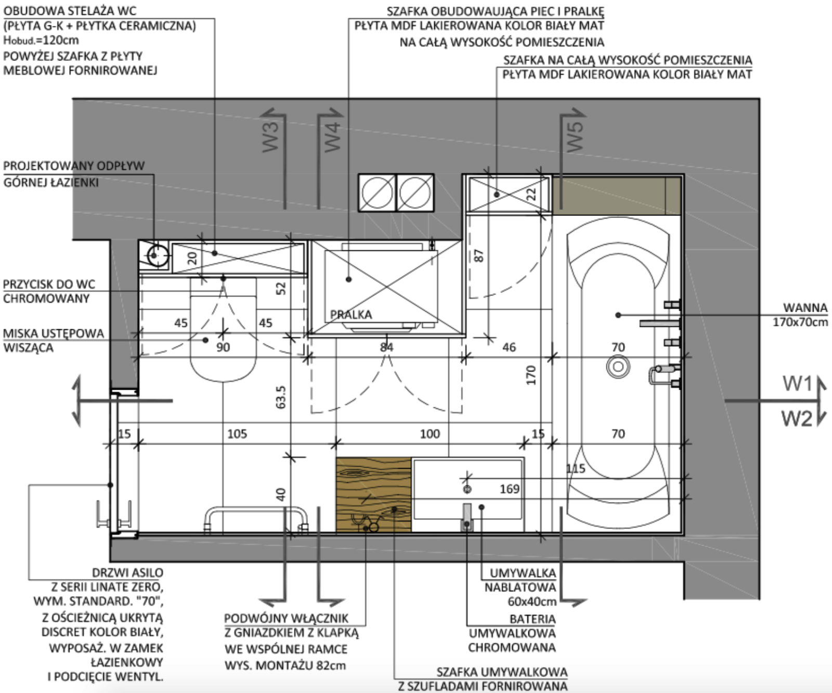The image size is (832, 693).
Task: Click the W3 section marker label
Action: pos(270,136)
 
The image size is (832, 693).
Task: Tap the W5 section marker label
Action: pos(575,136)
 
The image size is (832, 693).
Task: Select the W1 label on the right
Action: pos(797,384)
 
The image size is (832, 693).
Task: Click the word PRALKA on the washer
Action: pos(351,315)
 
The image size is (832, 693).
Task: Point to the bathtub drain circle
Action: pos(618,367)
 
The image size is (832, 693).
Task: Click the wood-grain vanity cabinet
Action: pos(374,495)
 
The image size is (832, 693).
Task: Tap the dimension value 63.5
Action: pos(281,397)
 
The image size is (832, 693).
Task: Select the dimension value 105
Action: pos(237,434)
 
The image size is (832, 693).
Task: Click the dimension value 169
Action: pos(510,489)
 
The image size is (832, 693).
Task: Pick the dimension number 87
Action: pos(479,255)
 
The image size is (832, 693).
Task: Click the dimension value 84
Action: pos(386,347)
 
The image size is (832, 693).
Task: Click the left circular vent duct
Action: pos(377,192)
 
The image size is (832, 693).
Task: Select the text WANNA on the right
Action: pos(805,308)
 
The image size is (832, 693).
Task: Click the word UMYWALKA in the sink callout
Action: pos(523,573)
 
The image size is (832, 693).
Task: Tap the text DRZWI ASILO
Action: pos(127,573)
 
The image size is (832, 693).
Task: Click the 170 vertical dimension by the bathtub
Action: pos(530,375)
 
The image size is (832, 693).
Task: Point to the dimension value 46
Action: pos(509,347)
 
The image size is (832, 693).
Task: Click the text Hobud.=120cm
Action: pos(41,40)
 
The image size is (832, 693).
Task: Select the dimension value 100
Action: pos(430,434)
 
